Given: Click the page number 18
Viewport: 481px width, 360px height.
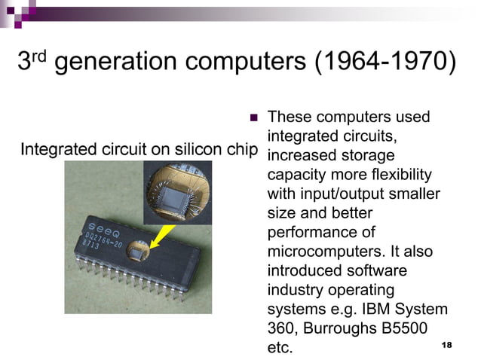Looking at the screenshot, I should pos(446,344).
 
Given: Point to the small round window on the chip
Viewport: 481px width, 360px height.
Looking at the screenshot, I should pos(139,249).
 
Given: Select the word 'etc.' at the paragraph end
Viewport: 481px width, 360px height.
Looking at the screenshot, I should pos(280,347).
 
